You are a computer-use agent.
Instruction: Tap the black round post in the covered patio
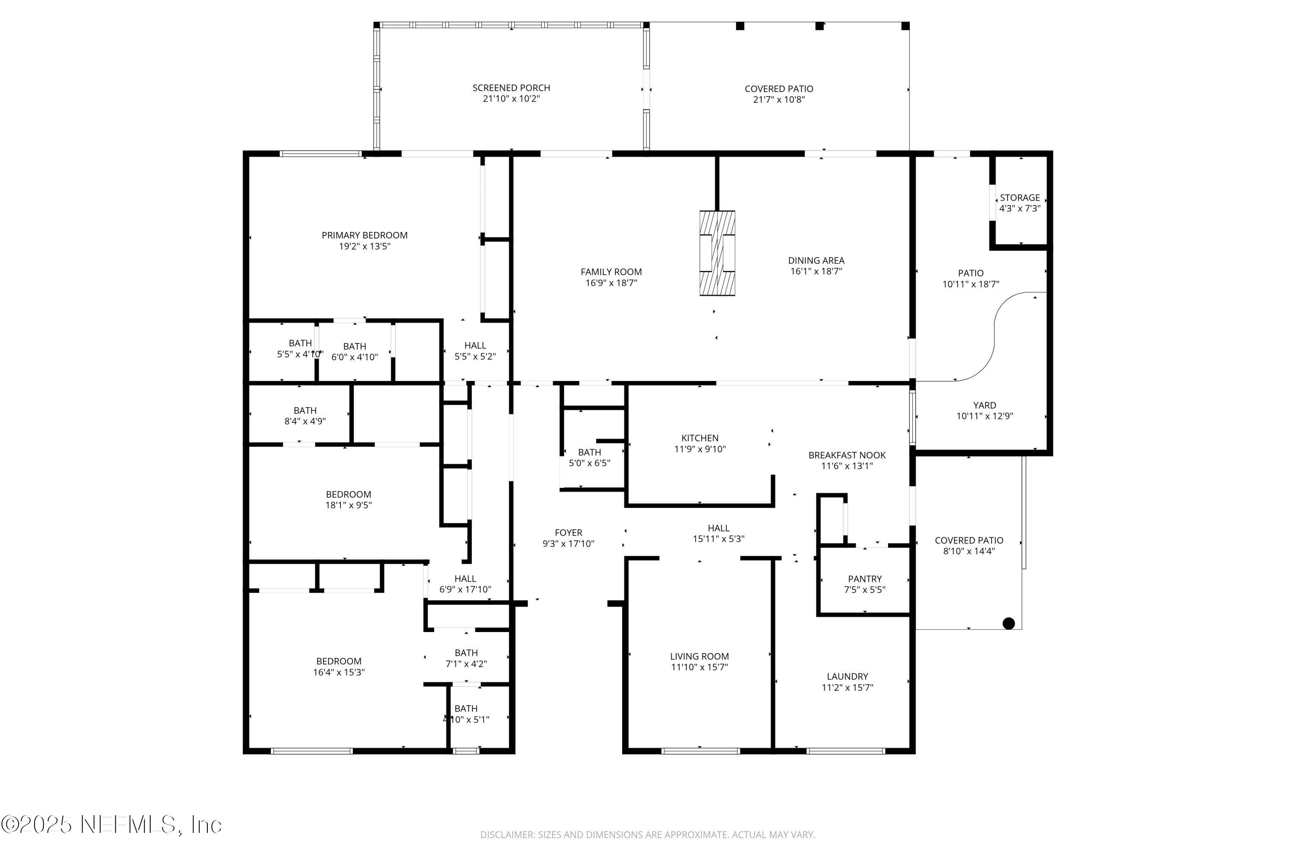[1008, 623]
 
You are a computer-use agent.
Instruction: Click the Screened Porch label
[511, 88]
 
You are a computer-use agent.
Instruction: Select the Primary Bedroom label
[364, 235]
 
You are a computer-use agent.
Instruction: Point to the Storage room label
[1020, 198]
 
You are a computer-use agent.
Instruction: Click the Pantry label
[864, 578]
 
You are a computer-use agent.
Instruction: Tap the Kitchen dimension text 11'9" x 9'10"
[699, 449]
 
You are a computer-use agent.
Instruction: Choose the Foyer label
[568, 533]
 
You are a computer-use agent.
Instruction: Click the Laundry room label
[847, 677]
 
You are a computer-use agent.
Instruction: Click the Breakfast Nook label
[846, 455]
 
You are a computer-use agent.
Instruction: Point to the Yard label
[984, 406]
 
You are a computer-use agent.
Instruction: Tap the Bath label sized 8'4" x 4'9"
[305, 410]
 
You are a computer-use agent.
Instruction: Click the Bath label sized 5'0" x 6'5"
[589, 452]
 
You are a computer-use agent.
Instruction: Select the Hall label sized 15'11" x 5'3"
[718, 528]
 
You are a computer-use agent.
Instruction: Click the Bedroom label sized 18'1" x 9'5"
[348, 495]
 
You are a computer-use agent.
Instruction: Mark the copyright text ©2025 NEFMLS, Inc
[111, 824]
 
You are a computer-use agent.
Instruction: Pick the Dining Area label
[816, 260]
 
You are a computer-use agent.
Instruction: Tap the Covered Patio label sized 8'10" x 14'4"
[968, 540]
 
